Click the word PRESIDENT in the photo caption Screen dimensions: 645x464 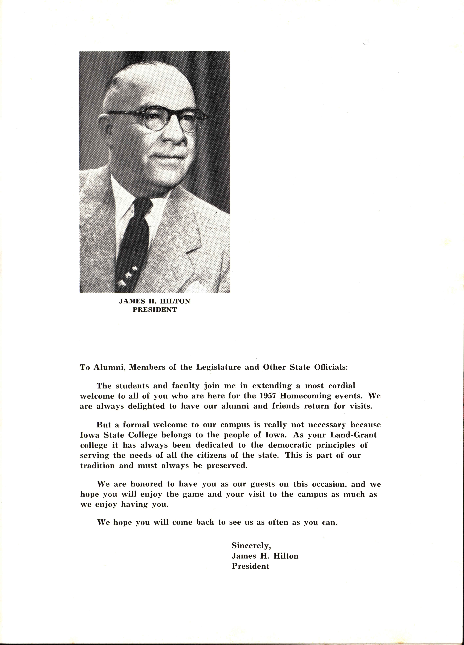155,310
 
